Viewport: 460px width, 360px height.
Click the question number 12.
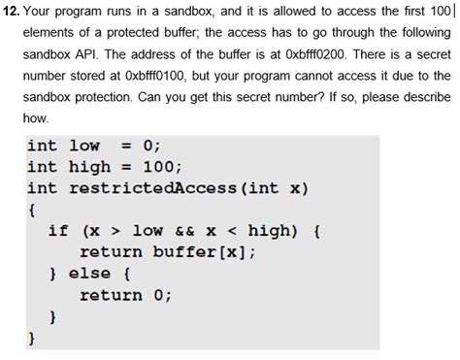pyautogui.click(x=14, y=12)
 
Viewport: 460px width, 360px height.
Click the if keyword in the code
pyautogui.click(x=58, y=231)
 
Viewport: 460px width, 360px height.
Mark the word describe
pyautogui.click(x=423, y=97)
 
